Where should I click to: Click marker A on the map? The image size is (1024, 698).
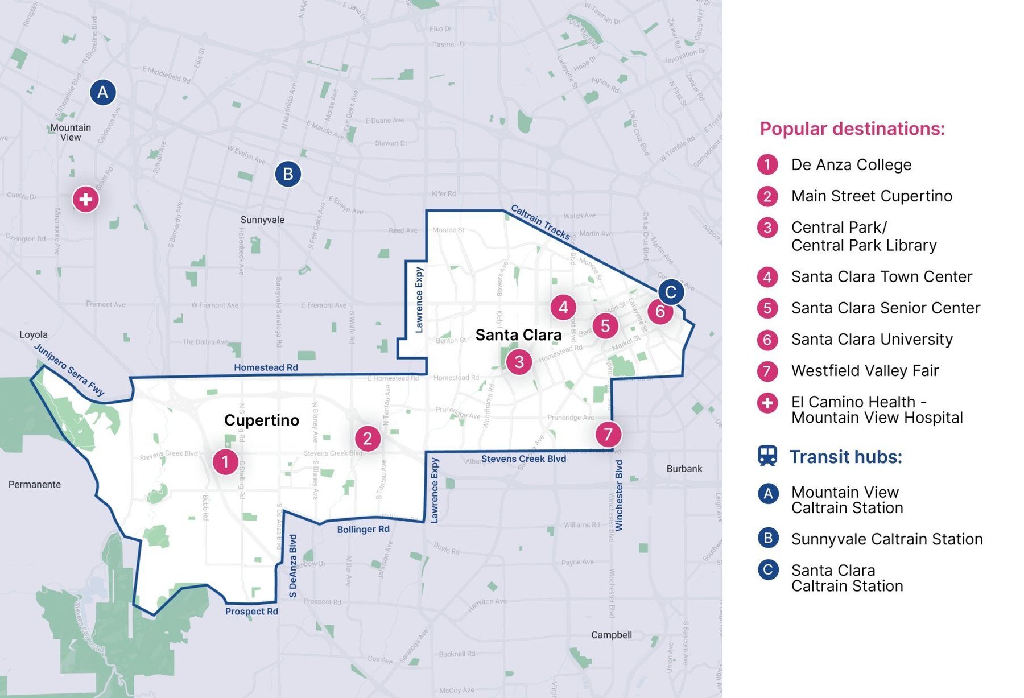(x=103, y=92)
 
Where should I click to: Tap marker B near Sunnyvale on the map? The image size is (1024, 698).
(x=288, y=174)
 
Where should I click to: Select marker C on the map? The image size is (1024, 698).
(x=671, y=292)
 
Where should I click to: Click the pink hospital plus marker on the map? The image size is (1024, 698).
(x=86, y=200)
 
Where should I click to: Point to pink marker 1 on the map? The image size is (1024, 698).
(x=225, y=462)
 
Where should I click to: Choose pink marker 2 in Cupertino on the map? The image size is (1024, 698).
(x=368, y=439)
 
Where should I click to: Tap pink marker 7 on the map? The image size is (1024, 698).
(x=608, y=435)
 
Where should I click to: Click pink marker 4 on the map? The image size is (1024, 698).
(x=563, y=308)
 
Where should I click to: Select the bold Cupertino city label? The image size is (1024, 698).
(x=261, y=420)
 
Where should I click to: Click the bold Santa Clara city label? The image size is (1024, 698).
(x=518, y=335)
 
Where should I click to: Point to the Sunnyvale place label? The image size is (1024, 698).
(x=262, y=220)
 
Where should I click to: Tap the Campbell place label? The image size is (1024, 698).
(x=611, y=635)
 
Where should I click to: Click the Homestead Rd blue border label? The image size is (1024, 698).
(x=266, y=367)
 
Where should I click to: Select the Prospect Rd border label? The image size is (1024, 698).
(x=251, y=612)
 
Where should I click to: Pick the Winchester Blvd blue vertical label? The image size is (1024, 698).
(x=619, y=495)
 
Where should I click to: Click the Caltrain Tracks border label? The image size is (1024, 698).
(x=540, y=222)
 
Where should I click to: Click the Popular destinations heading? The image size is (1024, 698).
(x=852, y=129)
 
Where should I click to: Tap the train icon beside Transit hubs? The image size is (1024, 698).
(x=767, y=456)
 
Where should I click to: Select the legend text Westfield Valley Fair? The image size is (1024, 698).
(x=865, y=371)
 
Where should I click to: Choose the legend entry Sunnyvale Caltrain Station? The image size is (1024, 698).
(x=886, y=539)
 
